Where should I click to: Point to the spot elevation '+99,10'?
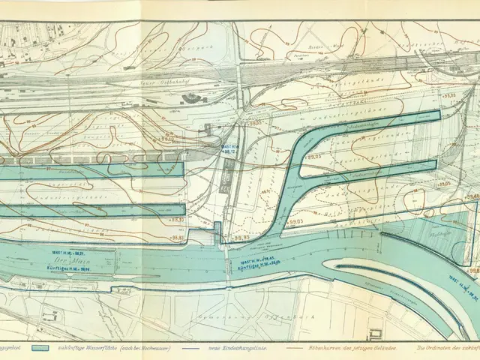pyautogui.click(x=166, y=139)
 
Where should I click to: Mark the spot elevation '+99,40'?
pyautogui.click(x=472, y=196)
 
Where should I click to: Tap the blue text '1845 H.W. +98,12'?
pyautogui.click(x=232, y=148)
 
